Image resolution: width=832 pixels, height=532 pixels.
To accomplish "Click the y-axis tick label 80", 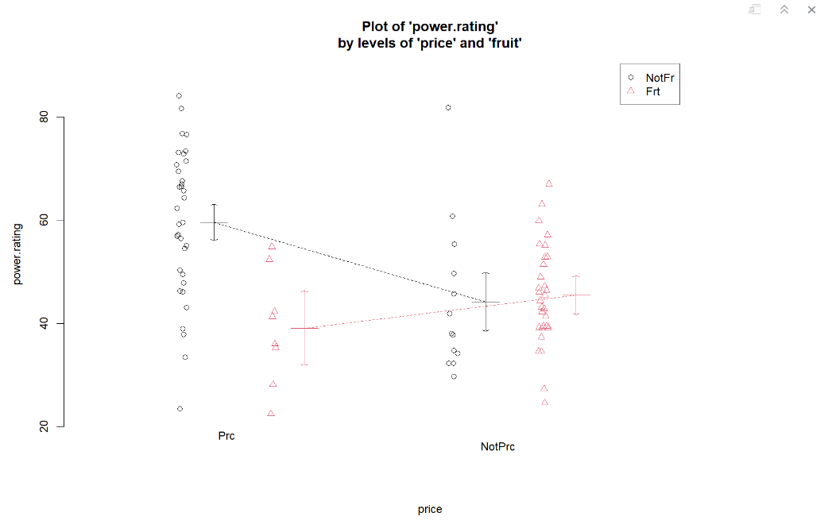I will (x=45, y=117).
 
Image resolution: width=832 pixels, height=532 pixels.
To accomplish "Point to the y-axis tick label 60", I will (x=45, y=220).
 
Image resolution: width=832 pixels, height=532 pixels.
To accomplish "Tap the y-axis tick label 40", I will (x=45, y=323).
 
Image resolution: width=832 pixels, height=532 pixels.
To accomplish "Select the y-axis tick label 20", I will (x=45, y=426).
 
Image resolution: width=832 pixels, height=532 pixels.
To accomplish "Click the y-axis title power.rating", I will (x=17, y=253).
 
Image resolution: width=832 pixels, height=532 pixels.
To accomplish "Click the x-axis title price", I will (x=430, y=509).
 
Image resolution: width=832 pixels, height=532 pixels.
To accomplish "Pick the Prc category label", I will (x=226, y=436).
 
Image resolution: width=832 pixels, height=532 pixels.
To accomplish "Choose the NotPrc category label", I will (x=497, y=447).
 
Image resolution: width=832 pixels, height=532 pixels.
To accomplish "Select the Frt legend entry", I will (x=652, y=92).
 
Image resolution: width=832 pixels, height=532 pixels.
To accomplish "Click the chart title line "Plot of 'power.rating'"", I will (x=430, y=27).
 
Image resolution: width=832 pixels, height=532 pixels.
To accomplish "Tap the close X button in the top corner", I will (x=811, y=10).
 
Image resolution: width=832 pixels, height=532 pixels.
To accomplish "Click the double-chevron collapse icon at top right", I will (x=784, y=10).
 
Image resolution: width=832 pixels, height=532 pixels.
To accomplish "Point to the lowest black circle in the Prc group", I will (x=180, y=409).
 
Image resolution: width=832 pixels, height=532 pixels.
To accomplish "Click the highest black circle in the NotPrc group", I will (x=448, y=107).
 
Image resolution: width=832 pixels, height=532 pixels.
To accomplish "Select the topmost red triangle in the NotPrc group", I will (x=549, y=183).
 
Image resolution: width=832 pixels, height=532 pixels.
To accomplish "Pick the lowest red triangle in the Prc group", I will (x=271, y=413).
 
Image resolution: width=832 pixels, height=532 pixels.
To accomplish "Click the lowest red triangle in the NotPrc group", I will (x=545, y=402).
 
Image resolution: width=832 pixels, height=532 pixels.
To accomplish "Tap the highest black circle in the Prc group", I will (x=179, y=96).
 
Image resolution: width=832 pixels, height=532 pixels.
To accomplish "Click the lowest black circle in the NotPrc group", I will (x=454, y=376).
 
